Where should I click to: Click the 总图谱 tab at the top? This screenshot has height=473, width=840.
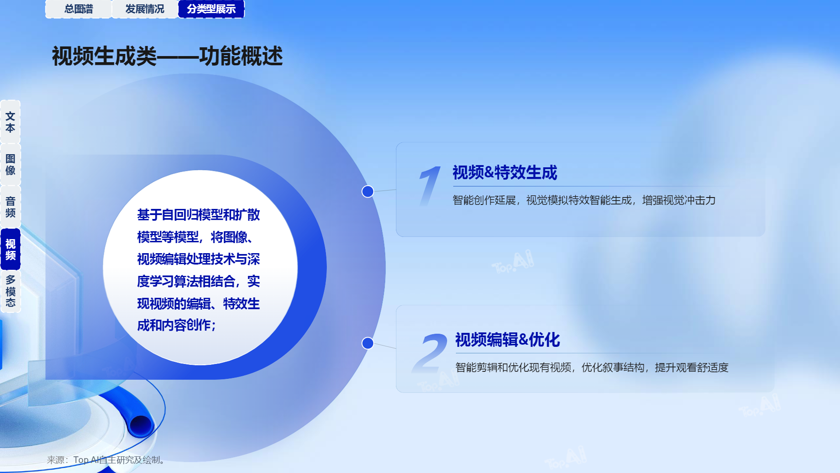(x=79, y=9)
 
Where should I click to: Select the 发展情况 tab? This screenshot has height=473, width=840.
(x=145, y=9)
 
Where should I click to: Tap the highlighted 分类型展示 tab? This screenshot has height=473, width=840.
(x=211, y=9)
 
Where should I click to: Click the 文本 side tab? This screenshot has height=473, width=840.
(x=10, y=122)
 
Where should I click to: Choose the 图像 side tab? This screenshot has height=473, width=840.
(x=10, y=164)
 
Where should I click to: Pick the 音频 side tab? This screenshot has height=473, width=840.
(x=10, y=207)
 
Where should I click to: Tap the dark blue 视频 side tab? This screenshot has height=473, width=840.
(x=10, y=249)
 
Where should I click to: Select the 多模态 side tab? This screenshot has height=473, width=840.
(x=10, y=291)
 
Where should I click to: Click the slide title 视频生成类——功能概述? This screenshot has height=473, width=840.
(x=168, y=56)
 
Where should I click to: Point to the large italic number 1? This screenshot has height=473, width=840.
(x=429, y=186)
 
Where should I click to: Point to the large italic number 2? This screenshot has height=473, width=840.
(x=430, y=353)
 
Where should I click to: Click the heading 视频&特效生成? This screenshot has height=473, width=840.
(x=505, y=173)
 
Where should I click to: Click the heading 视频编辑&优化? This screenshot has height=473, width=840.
(x=507, y=340)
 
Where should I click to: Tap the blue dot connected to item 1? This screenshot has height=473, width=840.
(x=367, y=191)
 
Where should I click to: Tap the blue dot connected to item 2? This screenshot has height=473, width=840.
(x=367, y=343)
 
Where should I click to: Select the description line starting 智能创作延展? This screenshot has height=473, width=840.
(x=584, y=200)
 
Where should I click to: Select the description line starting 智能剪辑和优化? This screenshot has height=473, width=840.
(x=592, y=367)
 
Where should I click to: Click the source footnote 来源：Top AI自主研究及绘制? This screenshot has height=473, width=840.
(x=106, y=460)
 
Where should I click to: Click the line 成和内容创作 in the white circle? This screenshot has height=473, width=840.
(x=176, y=325)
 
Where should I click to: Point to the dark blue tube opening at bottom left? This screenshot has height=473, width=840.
(x=140, y=425)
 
